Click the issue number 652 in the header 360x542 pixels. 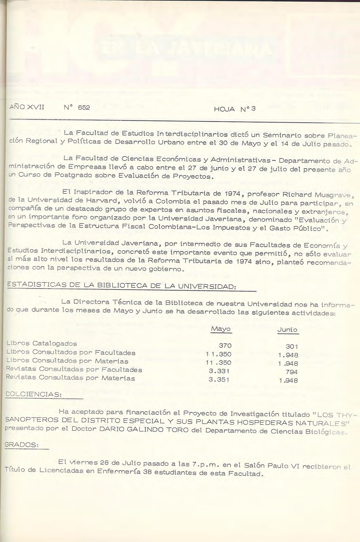coord(84,107)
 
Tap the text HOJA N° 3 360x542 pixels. coord(234,109)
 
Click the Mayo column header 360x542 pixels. coord(221,329)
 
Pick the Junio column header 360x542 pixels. coord(287,330)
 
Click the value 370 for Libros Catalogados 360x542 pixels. coord(225,345)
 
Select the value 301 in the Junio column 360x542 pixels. coord(292,346)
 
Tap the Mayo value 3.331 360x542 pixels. coord(219,371)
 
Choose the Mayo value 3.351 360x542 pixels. coord(219,379)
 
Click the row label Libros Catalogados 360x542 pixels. coord(42,343)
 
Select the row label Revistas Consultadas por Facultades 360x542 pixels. coord(74,369)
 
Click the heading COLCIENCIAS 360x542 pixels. coord(34,394)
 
